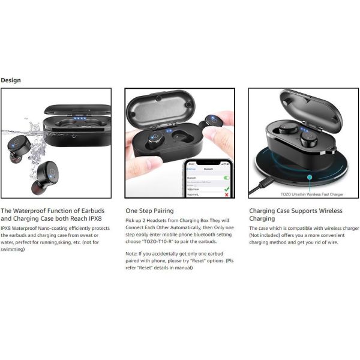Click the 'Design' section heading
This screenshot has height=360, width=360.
coord(11,80)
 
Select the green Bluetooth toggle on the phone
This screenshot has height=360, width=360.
coord(226,178)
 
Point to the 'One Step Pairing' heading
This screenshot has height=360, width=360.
coord(149,211)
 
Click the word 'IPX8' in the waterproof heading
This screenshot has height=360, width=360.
coord(92,219)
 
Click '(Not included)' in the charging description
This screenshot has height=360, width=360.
coord(268,235)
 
